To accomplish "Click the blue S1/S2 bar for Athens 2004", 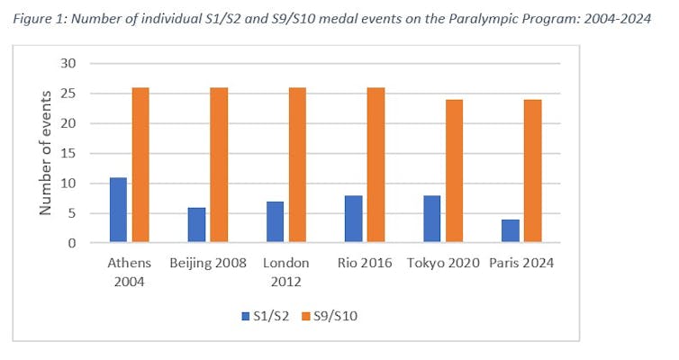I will (118, 211).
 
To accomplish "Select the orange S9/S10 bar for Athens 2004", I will (140, 166).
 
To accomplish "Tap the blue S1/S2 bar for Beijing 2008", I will (196, 225).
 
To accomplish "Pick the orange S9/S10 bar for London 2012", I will (297, 166).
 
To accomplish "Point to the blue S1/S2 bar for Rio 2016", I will (353, 220).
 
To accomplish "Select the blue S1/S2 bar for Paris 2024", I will (510, 231).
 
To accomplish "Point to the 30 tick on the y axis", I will (68, 64).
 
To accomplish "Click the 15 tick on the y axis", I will (68, 154).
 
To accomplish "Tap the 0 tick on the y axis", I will (72, 243).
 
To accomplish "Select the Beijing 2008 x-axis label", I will (208, 263).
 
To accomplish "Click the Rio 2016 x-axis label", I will (365, 263).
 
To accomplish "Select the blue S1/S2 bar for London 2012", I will (275, 222).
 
